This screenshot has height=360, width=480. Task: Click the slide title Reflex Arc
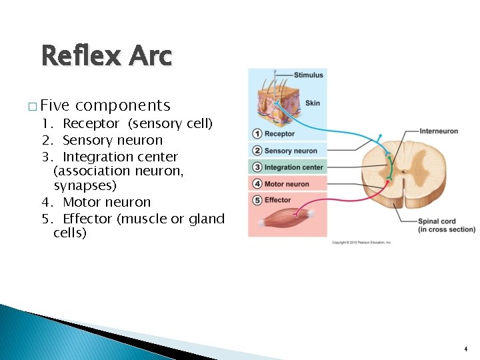[x=106, y=55]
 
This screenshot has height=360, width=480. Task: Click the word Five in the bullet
[x=55, y=105]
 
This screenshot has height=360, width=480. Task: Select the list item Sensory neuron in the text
[x=112, y=140]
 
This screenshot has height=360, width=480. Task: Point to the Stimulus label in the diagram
[x=308, y=75]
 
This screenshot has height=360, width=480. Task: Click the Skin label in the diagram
[x=313, y=103]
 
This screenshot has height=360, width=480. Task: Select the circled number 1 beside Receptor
[x=257, y=134]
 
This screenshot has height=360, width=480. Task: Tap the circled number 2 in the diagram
[x=257, y=151]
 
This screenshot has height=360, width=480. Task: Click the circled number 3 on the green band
[x=257, y=167]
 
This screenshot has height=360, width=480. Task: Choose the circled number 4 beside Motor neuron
[x=257, y=184]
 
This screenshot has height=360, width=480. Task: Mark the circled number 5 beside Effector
[x=257, y=200]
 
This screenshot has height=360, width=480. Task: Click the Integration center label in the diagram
[x=293, y=167]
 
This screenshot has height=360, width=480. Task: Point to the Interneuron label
[x=439, y=131]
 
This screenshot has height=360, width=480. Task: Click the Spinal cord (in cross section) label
[x=446, y=225]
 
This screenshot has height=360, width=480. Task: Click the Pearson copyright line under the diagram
[x=362, y=242]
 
